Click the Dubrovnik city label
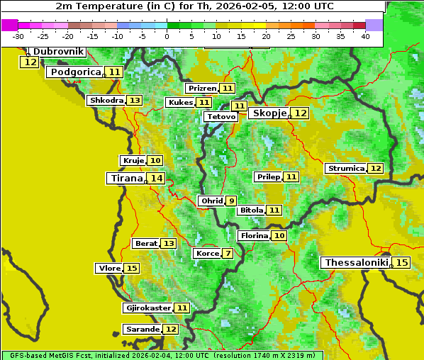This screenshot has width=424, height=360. pyautogui.click(x=59, y=52)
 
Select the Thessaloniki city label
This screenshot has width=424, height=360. pyautogui.click(x=356, y=263)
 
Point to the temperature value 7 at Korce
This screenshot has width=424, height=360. pyautogui.click(x=228, y=254)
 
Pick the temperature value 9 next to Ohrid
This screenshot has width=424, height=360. pyautogui.click(x=231, y=201)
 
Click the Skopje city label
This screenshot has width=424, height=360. pyautogui.click(x=269, y=113)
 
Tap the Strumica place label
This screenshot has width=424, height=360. pyautogui.click(x=346, y=169)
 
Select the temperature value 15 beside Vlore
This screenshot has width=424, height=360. pyautogui.click(x=132, y=269)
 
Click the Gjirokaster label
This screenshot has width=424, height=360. pyautogui.click(x=148, y=308)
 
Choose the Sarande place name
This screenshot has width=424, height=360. pyautogui.click(x=143, y=330)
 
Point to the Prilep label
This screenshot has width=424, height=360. pyautogui.click(x=268, y=176)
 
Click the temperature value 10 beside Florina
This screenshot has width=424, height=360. pyautogui.click(x=279, y=235)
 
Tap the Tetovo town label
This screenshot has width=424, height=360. pyautogui.click(x=222, y=116)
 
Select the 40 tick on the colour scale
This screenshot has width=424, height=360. pyautogui.click(x=365, y=36)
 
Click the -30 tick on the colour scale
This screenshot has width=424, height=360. pyautogui.click(x=18, y=36)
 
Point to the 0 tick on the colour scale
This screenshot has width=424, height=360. pyautogui.click(x=167, y=36)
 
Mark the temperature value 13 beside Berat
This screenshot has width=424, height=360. pyautogui.click(x=168, y=244)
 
